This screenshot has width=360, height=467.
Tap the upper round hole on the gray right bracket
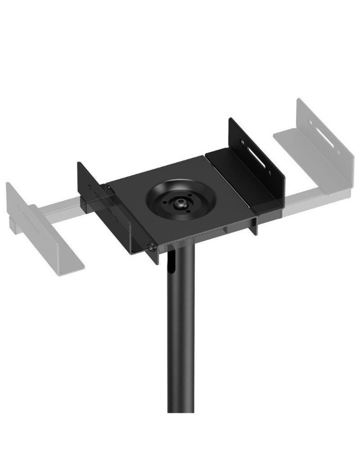coord(310,123)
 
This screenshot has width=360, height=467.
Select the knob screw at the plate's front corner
coord(151,247)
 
